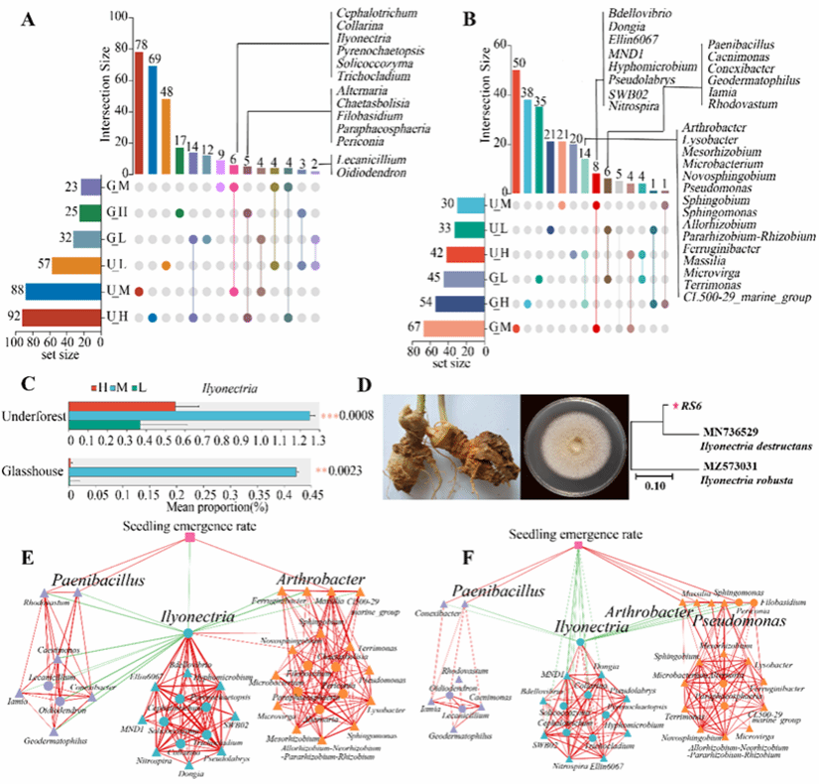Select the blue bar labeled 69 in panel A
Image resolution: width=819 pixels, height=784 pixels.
pos(153,119)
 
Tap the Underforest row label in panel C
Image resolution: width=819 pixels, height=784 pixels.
pos(34,417)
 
